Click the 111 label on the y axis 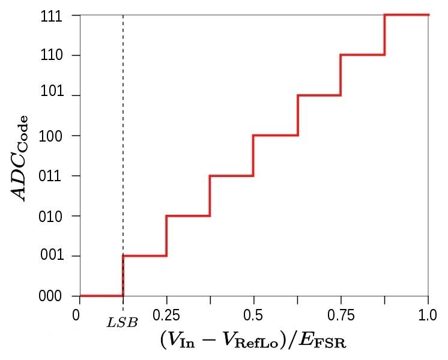52,17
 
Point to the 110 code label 52,55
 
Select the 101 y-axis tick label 52,92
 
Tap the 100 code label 50,137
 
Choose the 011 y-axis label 50,176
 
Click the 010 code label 50,217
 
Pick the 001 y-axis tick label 52,255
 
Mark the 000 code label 50,296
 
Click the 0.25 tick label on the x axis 166,316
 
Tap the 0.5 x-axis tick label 253,316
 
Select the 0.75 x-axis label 341,316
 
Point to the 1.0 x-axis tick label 428,316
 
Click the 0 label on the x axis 76,316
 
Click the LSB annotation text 123,323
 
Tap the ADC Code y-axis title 19,158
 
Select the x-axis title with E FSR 253,340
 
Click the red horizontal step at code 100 276,136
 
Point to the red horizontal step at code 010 188,216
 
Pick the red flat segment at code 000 101,296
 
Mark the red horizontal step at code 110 363,55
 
